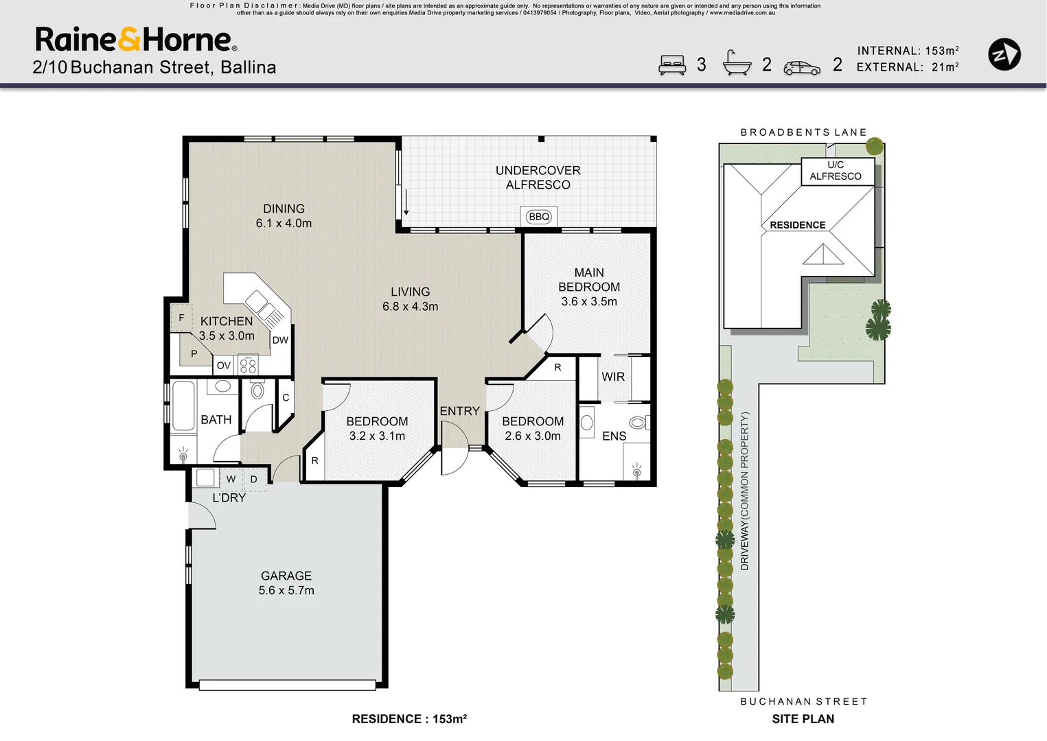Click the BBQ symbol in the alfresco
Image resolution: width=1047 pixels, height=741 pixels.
539,217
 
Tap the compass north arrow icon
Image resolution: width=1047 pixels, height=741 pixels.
1004,54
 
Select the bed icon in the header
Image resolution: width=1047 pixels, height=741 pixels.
672,64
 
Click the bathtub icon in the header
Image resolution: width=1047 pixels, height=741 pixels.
737,63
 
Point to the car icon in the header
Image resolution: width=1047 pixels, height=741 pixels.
802,67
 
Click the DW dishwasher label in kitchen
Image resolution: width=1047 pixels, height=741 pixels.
280,340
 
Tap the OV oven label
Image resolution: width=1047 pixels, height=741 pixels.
224,366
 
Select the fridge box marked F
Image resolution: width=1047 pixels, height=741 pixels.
181,318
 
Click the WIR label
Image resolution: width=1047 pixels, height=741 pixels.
613,377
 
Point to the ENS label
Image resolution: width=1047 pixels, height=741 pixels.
614,436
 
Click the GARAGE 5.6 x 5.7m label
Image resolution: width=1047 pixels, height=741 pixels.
286,583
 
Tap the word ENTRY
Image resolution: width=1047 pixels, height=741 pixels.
459,411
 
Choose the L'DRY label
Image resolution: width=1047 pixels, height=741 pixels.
229,497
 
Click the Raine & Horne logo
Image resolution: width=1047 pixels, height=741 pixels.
136,40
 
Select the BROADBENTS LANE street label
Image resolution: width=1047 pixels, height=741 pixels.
803,132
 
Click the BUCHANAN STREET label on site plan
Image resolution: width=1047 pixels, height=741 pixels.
803,701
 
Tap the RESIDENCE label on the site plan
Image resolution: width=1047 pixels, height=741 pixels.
797,225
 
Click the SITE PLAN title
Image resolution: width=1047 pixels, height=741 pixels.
803,719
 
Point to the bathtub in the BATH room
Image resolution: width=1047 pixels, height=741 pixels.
183,406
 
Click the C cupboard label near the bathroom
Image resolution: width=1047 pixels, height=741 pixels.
286,397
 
